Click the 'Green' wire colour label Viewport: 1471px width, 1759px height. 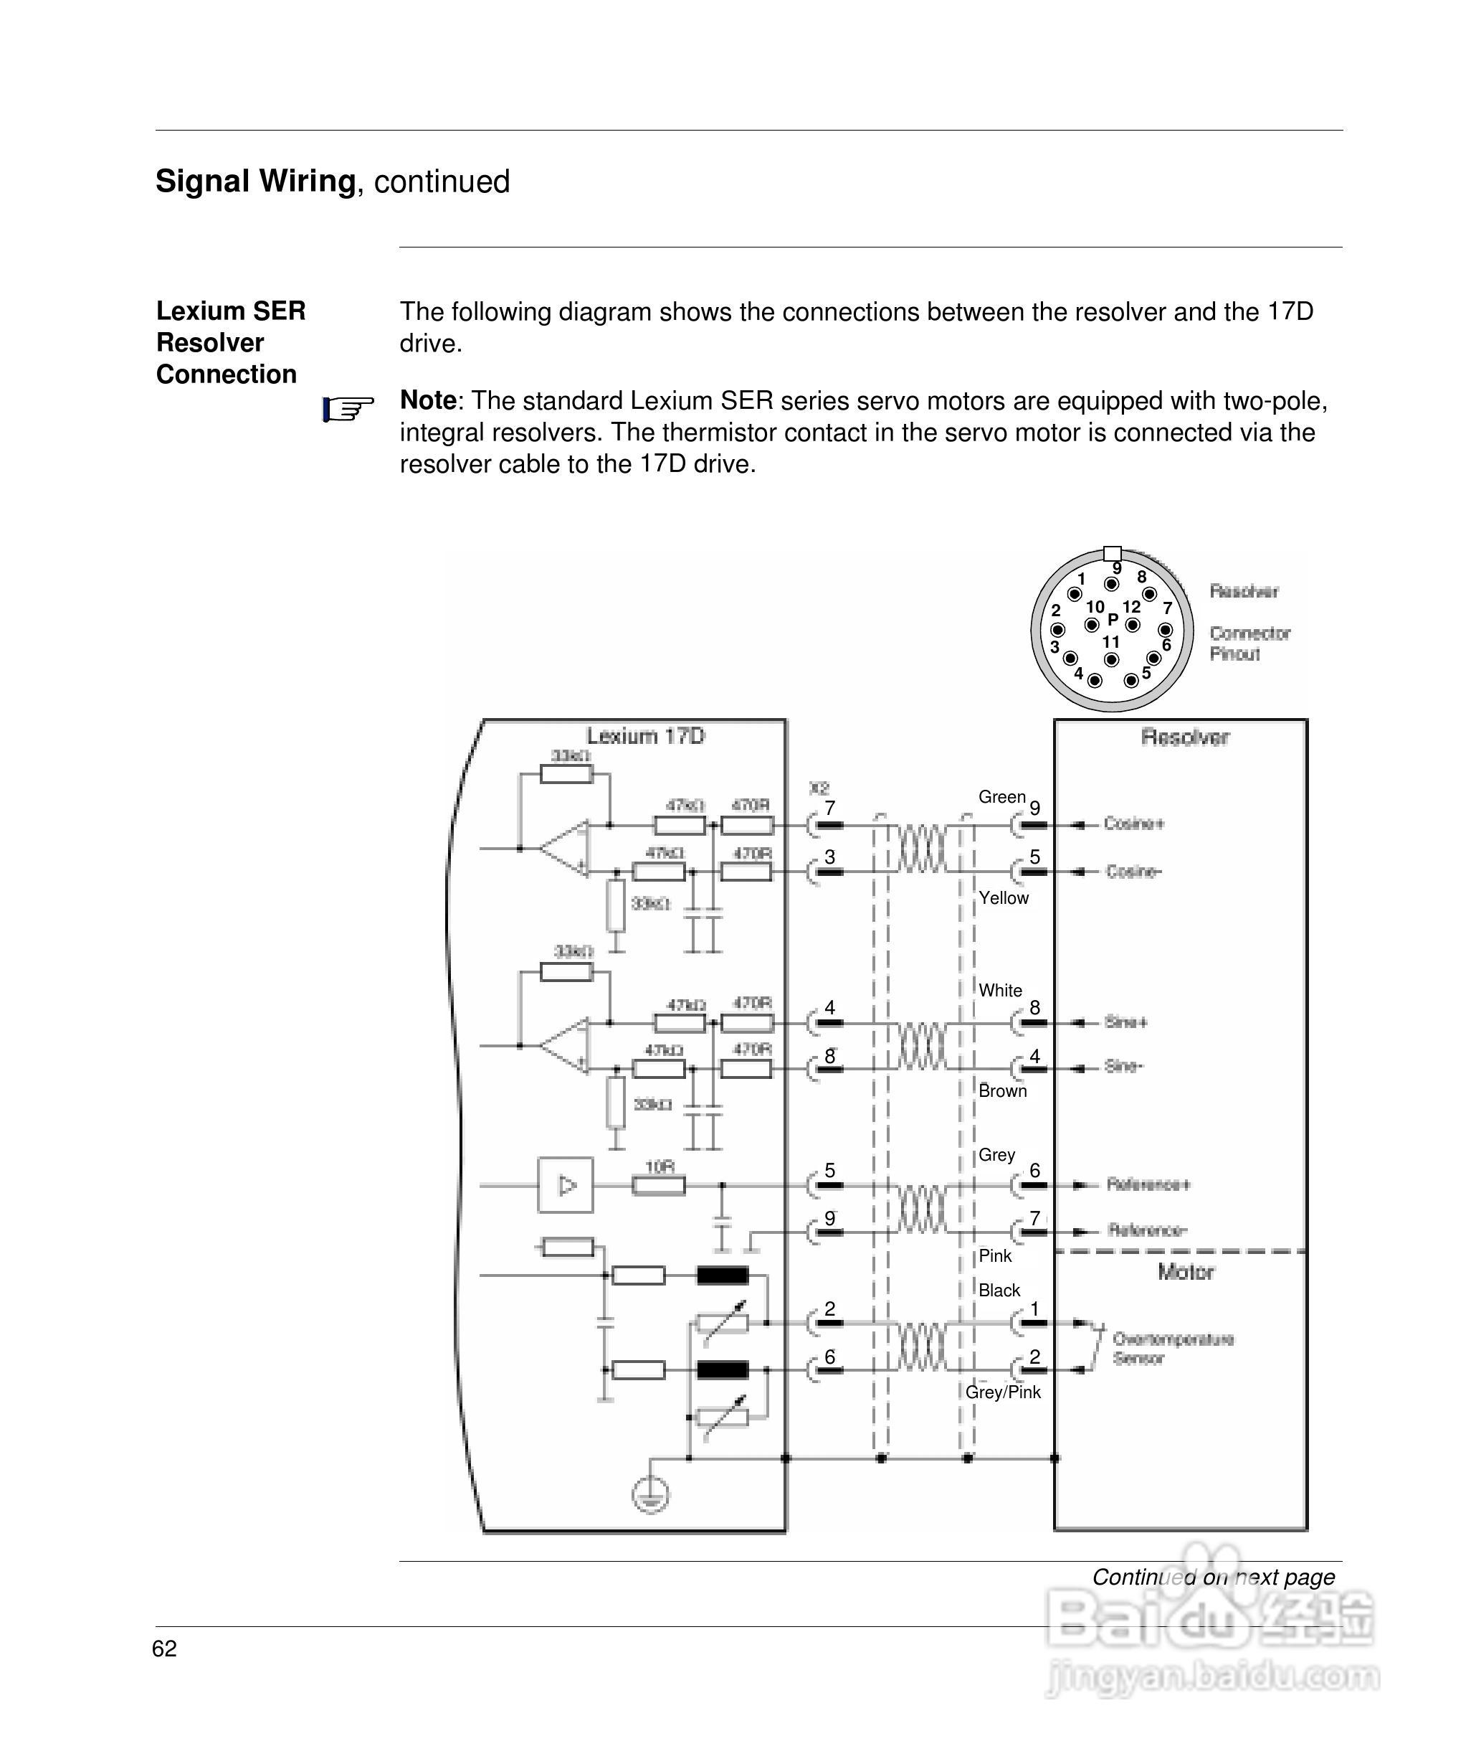click(x=1001, y=796)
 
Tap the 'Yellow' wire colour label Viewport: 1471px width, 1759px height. click(x=1003, y=898)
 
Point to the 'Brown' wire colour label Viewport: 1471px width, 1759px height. click(x=1002, y=1090)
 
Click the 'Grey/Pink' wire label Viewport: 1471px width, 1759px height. click(x=1002, y=1392)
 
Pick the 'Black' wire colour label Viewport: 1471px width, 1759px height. click(x=999, y=1291)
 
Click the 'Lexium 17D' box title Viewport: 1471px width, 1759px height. click(x=645, y=736)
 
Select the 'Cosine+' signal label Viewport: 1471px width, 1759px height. click(x=1133, y=824)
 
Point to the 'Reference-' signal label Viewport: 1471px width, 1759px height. click(x=1147, y=1230)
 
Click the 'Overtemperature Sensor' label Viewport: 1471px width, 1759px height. click(x=1172, y=1349)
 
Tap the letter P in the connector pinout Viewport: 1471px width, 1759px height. click(x=1113, y=620)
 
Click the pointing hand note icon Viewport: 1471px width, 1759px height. click(x=348, y=410)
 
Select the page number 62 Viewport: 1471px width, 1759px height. click(x=164, y=1649)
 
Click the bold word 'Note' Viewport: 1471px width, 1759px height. click(x=428, y=400)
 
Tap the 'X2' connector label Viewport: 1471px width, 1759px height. click(x=819, y=788)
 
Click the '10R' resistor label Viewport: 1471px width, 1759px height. click(x=660, y=1166)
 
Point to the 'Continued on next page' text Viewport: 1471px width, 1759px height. click(x=1212, y=1578)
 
